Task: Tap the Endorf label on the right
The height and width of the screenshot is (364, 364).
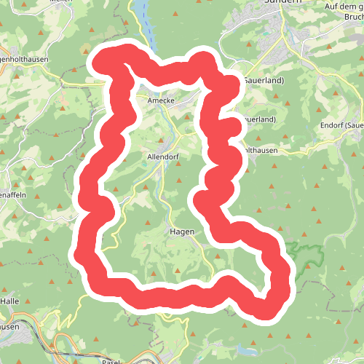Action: [341, 124]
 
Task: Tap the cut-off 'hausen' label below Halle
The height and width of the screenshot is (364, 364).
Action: [10, 326]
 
